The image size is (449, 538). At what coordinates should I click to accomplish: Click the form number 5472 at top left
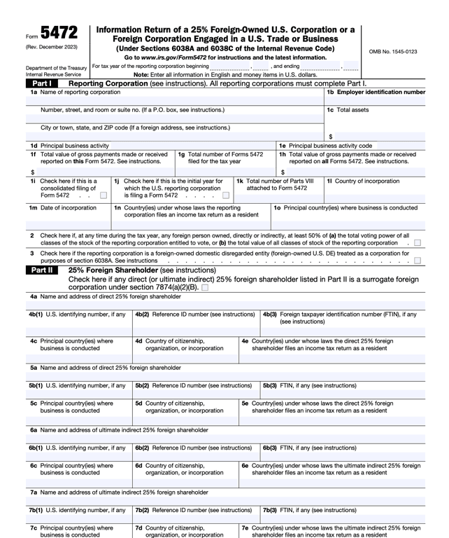tap(59, 34)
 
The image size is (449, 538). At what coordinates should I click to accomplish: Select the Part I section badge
tap(41, 83)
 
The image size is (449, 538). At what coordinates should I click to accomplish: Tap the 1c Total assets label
tap(348, 110)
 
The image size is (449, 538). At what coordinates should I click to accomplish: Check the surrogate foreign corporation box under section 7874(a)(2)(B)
tap(204, 287)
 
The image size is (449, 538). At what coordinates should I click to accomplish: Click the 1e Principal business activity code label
tap(325, 146)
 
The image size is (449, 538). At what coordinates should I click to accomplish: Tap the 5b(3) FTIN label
tap(309, 385)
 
